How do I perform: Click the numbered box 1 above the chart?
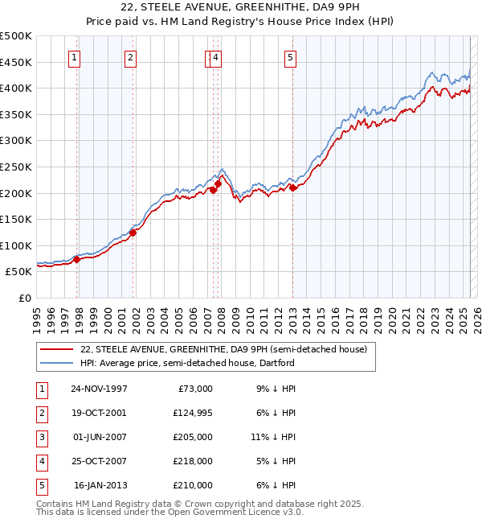tap(74, 57)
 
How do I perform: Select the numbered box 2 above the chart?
tap(129, 57)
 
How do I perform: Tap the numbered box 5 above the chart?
tap(290, 57)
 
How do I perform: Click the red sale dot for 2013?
tap(293, 187)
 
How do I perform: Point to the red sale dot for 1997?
tap(76, 259)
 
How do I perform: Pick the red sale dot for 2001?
tap(133, 233)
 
